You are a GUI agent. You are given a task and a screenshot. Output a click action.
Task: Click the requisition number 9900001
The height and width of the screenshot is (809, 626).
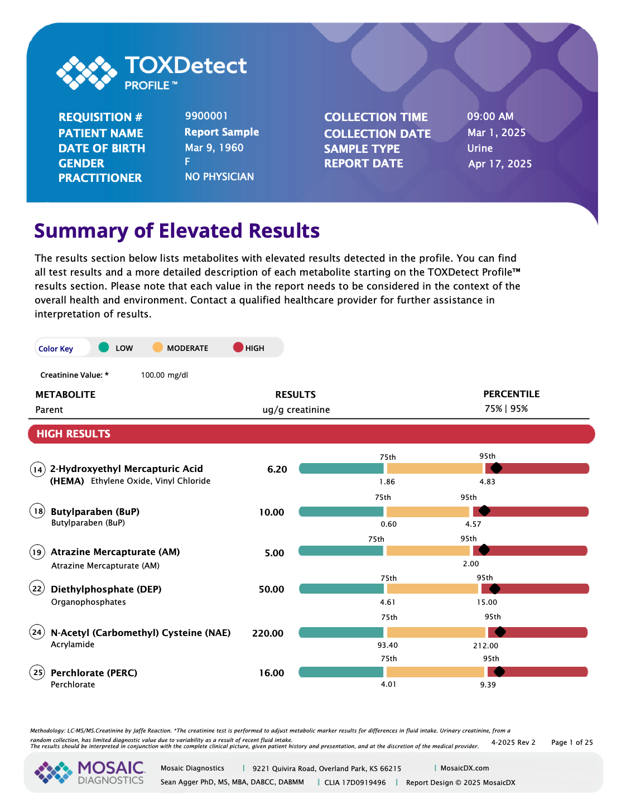(206, 116)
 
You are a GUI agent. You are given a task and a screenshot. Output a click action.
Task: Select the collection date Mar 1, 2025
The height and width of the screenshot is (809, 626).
(496, 133)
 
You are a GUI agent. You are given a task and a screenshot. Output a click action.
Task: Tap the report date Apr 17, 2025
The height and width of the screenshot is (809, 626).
(500, 164)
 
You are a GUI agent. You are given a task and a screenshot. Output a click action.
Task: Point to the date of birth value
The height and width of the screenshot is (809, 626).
(214, 148)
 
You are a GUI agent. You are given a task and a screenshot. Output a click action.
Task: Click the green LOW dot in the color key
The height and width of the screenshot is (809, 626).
(103, 347)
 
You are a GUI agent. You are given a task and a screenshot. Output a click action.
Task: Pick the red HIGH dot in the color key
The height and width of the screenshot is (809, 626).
(238, 347)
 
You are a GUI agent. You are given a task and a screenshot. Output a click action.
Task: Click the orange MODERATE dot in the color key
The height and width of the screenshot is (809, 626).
(158, 347)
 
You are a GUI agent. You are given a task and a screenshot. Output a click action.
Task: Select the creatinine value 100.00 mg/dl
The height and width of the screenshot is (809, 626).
(164, 375)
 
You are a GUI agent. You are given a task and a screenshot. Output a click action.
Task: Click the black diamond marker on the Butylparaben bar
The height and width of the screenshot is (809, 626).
(484, 511)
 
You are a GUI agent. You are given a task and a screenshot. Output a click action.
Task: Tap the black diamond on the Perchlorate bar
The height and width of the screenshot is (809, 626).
(499, 671)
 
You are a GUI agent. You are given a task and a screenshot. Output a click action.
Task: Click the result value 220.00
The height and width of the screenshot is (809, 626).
(268, 633)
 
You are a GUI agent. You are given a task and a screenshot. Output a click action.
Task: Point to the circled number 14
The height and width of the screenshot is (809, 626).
(37, 469)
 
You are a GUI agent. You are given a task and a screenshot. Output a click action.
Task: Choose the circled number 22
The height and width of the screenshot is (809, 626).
(37, 588)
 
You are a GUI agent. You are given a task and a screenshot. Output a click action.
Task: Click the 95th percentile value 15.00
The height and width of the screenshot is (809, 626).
(487, 602)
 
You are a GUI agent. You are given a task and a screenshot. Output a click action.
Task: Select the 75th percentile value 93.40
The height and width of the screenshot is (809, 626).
(387, 645)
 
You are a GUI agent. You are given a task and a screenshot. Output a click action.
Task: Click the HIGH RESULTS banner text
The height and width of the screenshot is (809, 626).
(73, 434)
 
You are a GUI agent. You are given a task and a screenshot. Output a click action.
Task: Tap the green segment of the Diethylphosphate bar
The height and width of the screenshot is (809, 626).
(341, 589)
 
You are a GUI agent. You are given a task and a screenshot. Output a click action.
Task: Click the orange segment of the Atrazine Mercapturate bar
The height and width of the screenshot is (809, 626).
(428, 550)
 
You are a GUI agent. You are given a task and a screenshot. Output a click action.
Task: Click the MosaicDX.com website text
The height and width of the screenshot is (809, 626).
(464, 768)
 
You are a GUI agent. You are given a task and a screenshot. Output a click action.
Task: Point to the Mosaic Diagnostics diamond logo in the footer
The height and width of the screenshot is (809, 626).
(54, 772)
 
